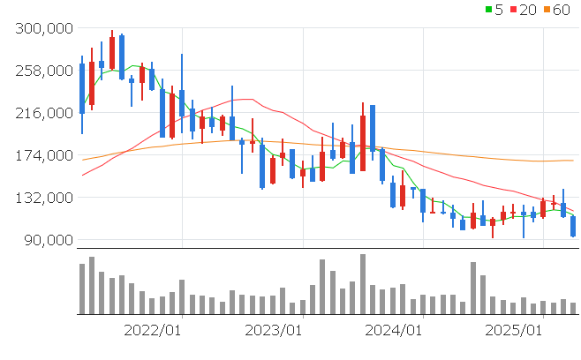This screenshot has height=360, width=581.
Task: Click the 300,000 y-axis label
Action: [44, 28]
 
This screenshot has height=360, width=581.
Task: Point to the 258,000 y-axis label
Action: [44, 71]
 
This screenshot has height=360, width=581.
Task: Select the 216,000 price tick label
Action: [44, 113]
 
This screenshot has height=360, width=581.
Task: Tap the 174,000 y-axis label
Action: [44, 155]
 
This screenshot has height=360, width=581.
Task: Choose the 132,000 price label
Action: [44, 198]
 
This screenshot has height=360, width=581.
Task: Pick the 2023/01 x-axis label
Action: [273, 330]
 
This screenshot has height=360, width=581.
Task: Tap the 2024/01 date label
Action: [394, 330]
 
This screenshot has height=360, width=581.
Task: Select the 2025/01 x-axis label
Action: [515, 330]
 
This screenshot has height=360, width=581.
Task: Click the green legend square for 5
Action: [489, 10]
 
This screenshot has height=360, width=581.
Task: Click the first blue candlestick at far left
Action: [82, 88]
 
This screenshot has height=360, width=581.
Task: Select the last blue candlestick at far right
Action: [573, 226]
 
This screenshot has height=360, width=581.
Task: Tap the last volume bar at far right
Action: [573, 308]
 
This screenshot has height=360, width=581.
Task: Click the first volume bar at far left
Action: [82, 289]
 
